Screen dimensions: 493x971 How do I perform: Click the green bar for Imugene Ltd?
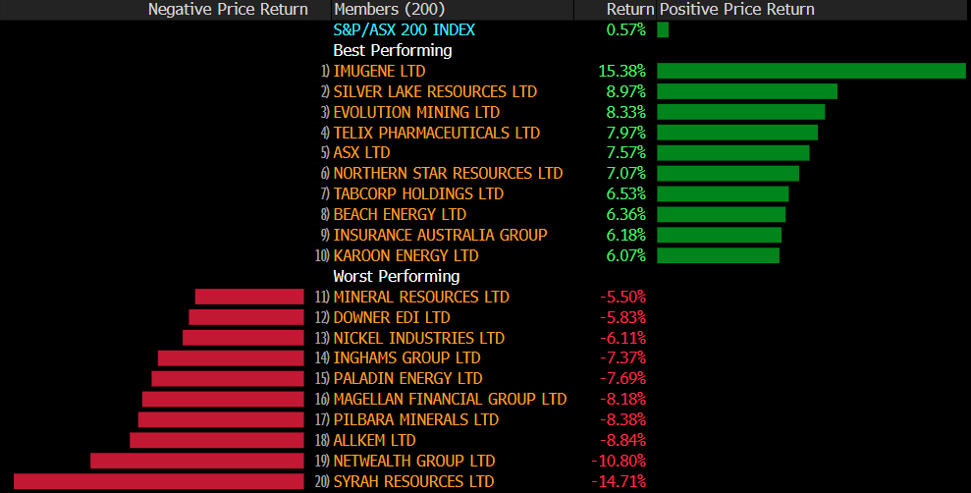(x=811, y=71)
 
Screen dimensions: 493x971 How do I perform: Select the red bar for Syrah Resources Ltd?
(x=159, y=481)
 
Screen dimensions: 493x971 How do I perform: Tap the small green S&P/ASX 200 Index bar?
(x=663, y=29)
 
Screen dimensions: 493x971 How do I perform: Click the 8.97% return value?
(x=621, y=91)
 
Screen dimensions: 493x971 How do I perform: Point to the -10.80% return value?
(x=619, y=461)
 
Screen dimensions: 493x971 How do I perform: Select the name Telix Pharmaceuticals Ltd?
(x=437, y=133)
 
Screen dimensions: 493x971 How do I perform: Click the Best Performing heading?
(x=393, y=50)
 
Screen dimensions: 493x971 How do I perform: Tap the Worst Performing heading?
(x=397, y=276)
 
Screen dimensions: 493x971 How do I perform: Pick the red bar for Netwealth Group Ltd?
(x=197, y=461)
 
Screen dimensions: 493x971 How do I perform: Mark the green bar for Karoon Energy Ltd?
(x=718, y=255)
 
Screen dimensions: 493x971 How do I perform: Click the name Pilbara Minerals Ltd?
(x=416, y=419)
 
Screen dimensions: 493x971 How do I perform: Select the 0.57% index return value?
(x=626, y=29)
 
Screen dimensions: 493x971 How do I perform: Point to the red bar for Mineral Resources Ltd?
(x=249, y=297)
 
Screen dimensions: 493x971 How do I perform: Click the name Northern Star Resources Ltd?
(x=449, y=174)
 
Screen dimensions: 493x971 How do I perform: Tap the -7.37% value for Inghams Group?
(x=622, y=357)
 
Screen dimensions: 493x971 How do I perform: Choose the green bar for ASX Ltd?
(x=732, y=153)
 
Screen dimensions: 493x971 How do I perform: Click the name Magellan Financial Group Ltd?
(x=451, y=399)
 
